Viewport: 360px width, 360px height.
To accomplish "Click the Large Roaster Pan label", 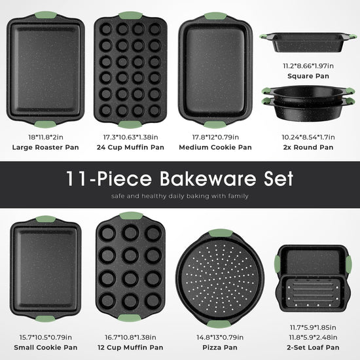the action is click(x=45, y=147).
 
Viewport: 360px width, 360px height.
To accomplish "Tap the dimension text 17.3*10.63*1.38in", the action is click(x=130, y=137).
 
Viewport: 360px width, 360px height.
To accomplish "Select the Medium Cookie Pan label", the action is click(x=215, y=147).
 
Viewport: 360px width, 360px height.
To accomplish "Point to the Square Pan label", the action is click(x=308, y=76).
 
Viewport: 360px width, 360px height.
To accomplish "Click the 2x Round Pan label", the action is click(x=308, y=147).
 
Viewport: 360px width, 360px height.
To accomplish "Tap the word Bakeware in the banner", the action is click(x=207, y=179).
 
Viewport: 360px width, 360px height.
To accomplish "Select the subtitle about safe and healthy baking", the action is click(x=180, y=196).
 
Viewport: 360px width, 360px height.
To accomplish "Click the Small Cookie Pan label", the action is click(x=45, y=348).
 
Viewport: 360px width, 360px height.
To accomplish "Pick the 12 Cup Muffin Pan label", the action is click(x=130, y=348).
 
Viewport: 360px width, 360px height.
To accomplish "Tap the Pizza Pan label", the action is click(x=220, y=348).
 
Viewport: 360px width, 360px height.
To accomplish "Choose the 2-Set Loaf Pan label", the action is click(x=313, y=348).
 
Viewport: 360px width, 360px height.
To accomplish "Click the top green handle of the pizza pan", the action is click(x=221, y=232).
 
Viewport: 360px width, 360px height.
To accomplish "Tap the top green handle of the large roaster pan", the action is click(x=46, y=15).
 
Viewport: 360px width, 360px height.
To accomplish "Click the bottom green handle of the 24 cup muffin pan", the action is click(x=130, y=124).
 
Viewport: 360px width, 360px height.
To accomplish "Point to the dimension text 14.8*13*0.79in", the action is click(x=220, y=338).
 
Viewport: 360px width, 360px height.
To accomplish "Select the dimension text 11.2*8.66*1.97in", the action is click(x=308, y=66).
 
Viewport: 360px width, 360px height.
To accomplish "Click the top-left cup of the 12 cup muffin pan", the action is click(x=107, y=233).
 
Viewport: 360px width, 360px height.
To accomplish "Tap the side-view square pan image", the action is click(x=308, y=43).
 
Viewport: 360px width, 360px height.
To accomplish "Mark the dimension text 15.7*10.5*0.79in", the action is click(x=45, y=338).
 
